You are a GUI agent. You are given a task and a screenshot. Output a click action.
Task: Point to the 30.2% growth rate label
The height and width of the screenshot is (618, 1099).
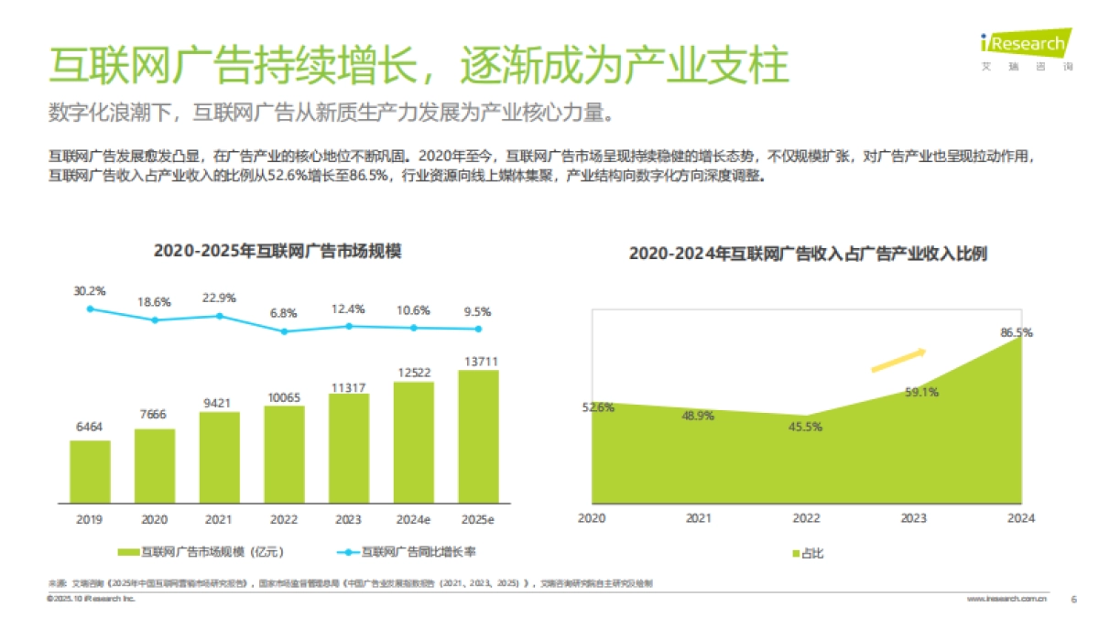click(90, 290)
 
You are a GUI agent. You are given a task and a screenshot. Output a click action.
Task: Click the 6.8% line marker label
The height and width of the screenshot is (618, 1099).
click(284, 313)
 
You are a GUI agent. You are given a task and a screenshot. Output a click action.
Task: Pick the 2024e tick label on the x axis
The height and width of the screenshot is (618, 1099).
click(413, 519)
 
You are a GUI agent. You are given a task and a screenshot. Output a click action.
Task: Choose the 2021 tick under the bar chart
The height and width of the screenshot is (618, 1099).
click(219, 519)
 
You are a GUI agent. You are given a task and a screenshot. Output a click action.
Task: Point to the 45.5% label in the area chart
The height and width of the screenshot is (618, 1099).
click(805, 426)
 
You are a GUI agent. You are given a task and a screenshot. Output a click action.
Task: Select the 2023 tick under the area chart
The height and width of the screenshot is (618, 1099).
click(913, 518)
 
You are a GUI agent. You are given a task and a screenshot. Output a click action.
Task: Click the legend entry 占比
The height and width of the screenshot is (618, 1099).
click(806, 552)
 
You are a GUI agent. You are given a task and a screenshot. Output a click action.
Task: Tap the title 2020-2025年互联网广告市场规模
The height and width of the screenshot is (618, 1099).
click(277, 251)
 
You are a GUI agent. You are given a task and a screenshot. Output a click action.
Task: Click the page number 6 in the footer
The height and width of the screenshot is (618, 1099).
click(1073, 599)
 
